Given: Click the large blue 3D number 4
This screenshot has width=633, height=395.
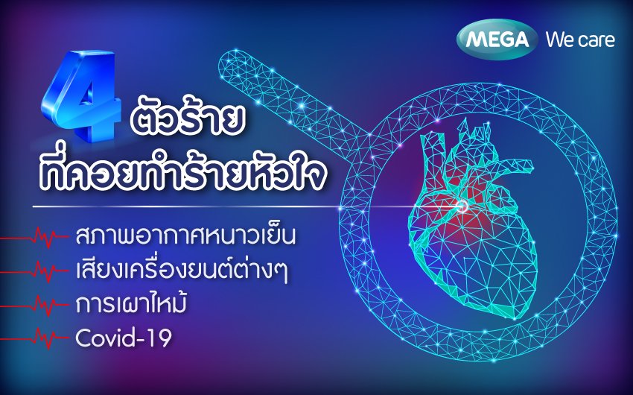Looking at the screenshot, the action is [80, 96].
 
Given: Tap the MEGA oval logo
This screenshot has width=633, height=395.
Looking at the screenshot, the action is [497, 39].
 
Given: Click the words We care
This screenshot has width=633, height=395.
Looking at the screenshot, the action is [580, 40].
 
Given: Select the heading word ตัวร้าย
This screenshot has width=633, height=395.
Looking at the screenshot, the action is [188, 119].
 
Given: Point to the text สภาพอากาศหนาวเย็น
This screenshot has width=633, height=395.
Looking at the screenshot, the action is [185, 236].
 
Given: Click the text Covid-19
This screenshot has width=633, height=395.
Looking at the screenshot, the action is [124, 338].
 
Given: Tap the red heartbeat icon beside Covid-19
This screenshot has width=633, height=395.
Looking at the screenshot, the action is [34, 338].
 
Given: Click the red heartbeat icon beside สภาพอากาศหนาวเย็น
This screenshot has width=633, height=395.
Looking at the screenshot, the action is [34, 238].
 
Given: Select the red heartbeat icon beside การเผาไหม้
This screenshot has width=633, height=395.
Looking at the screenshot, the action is [34, 306].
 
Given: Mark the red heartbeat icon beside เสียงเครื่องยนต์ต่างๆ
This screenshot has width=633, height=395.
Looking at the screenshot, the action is [34, 271].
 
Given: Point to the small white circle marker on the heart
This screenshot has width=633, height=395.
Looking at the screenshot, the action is [462, 206].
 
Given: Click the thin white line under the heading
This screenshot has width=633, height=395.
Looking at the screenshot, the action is [247, 206].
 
